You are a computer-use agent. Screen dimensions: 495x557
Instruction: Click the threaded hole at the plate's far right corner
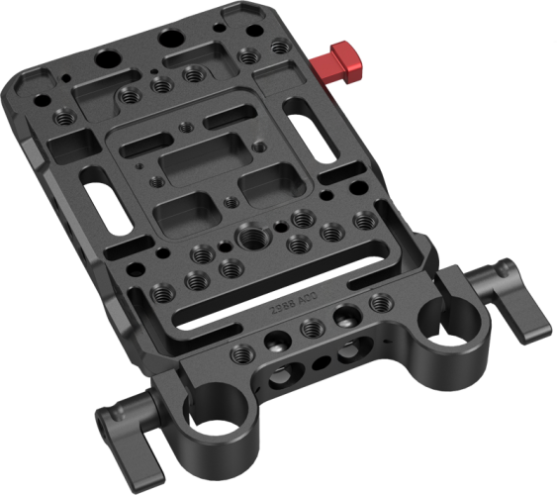(376, 301)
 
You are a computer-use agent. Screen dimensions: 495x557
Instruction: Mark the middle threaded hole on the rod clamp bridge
(311, 328)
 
